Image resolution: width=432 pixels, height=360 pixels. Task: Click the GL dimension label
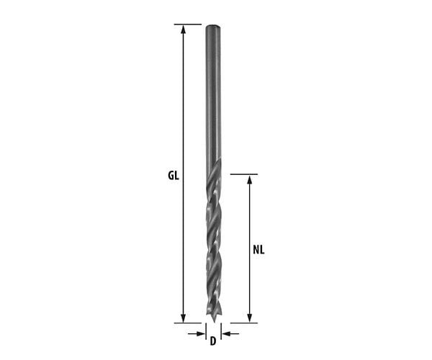pos(174,176)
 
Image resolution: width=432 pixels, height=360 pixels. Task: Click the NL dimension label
pos(258,250)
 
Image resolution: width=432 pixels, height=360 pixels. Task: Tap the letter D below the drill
pos(213,341)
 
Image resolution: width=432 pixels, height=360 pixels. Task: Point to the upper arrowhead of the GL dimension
pos(183,29)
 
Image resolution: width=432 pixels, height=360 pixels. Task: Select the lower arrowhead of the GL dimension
pos(183,318)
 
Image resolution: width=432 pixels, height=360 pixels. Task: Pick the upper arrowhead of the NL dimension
pos(250,179)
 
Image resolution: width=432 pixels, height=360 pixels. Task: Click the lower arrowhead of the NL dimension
pos(250,318)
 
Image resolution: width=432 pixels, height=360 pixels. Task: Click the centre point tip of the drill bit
pos(214,321)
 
